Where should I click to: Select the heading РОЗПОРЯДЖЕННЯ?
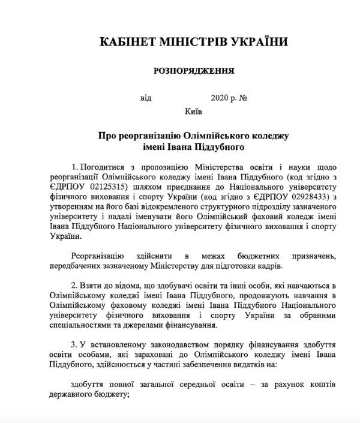194,71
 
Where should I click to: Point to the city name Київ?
194,111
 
